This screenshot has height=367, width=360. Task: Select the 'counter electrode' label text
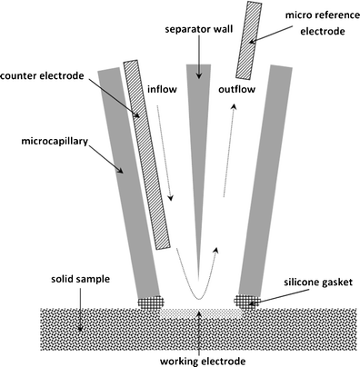pyautogui.click(x=46, y=74)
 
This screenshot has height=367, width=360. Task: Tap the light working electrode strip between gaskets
pyautogui.click(x=196, y=310)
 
